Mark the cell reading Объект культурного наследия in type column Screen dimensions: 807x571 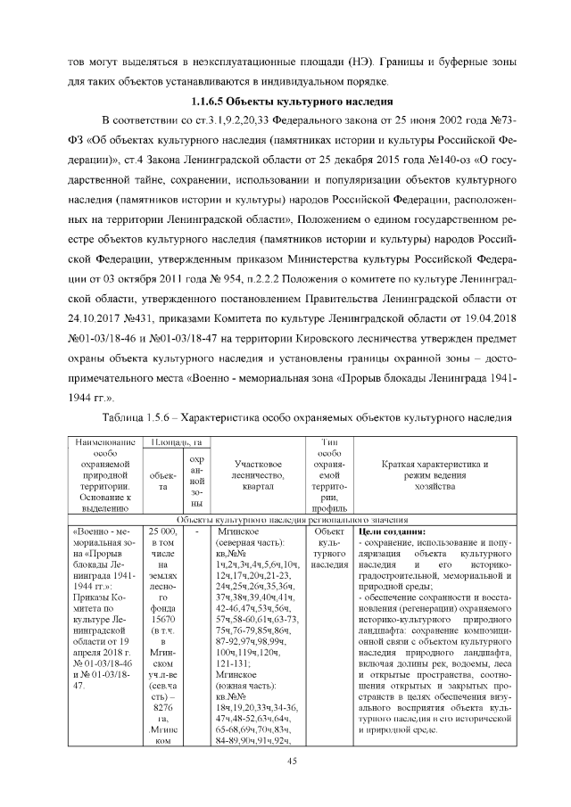coord(329,542)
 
